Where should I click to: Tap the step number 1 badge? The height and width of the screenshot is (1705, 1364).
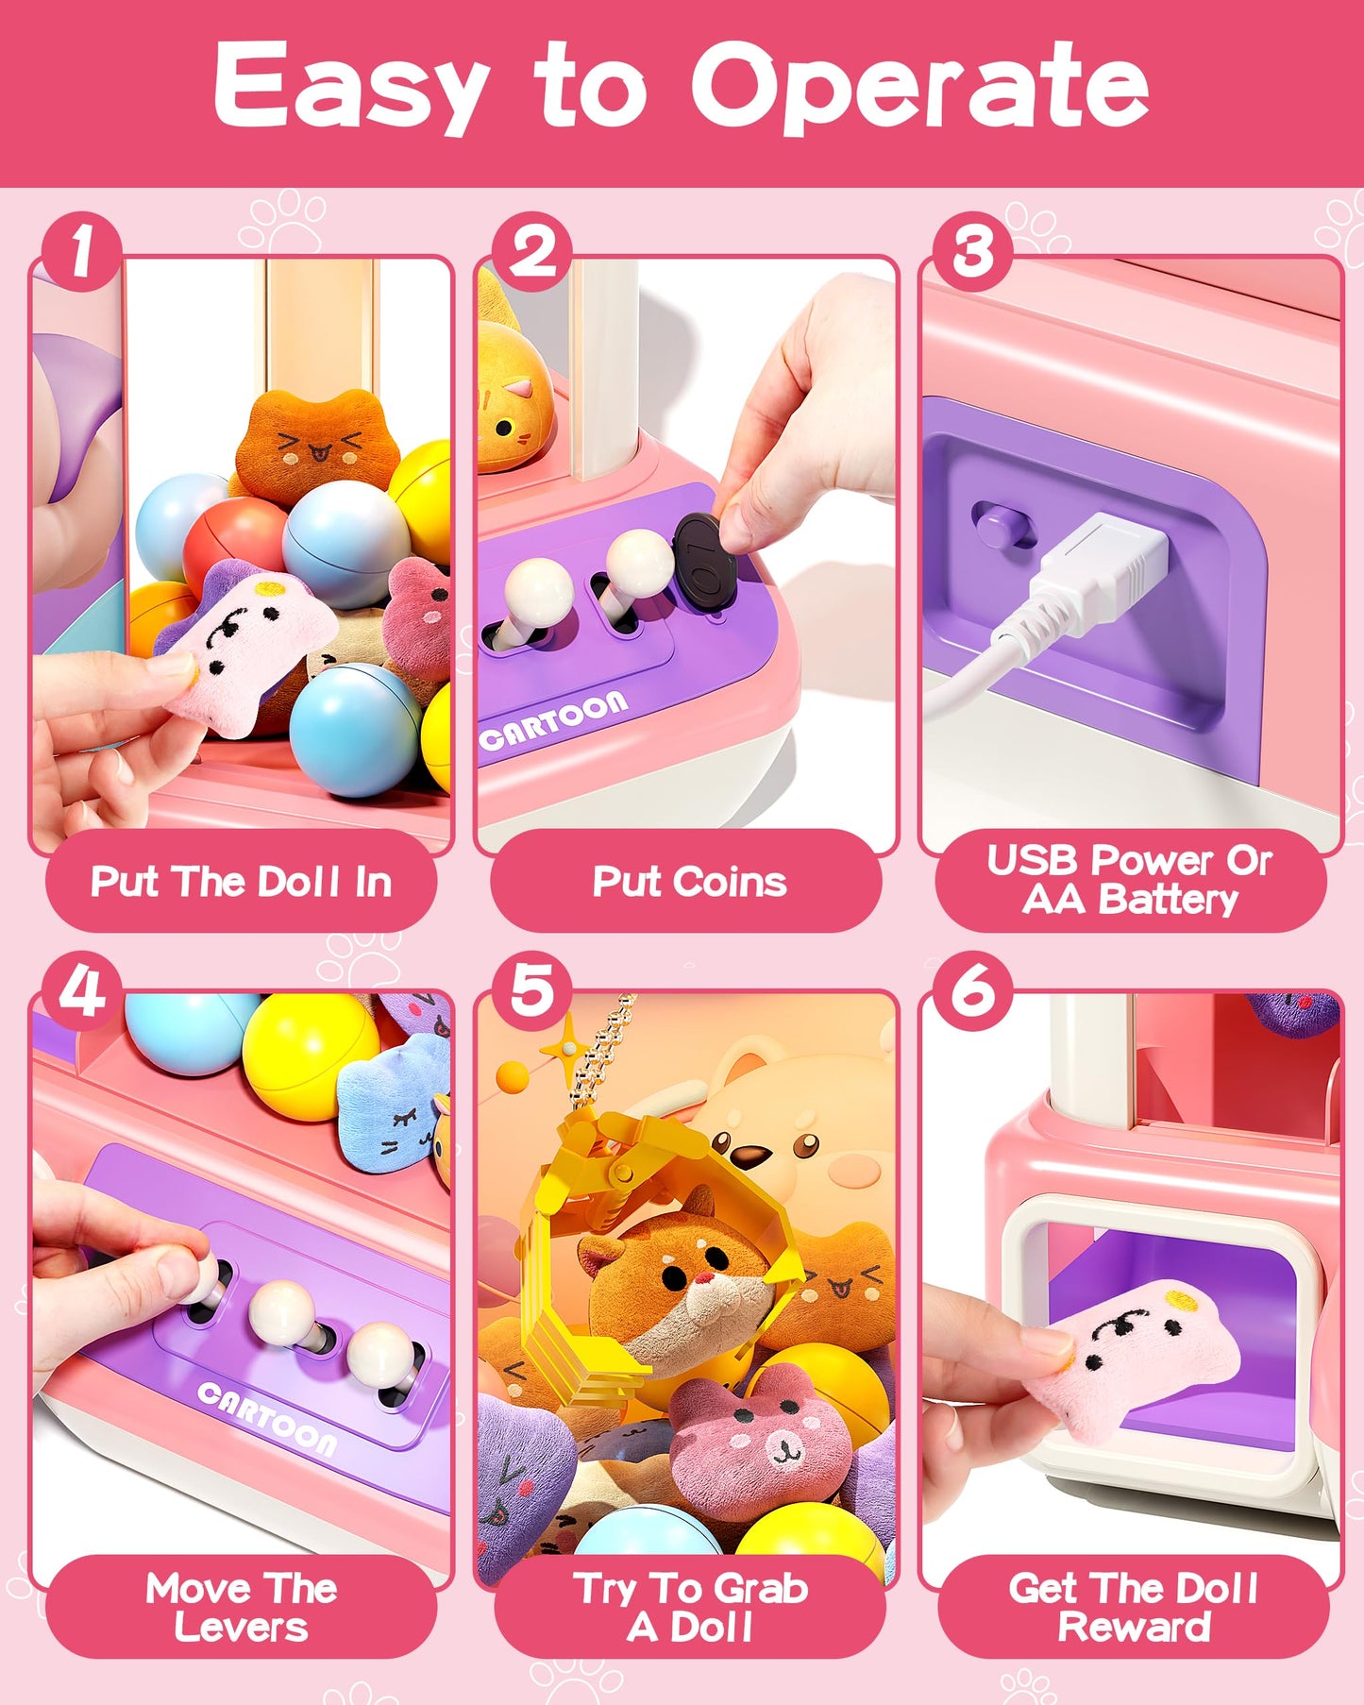click(81, 252)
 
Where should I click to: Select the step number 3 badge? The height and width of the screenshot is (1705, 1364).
click(972, 252)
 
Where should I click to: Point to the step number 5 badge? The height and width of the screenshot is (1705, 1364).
click(531, 990)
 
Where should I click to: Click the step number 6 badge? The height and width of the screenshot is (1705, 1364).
click(972, 990)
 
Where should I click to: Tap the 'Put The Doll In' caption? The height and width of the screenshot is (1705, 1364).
click(241, 882)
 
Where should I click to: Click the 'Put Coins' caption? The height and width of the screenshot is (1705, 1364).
click(689, 882)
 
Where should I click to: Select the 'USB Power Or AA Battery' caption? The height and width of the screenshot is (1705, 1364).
click(1130, 880)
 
